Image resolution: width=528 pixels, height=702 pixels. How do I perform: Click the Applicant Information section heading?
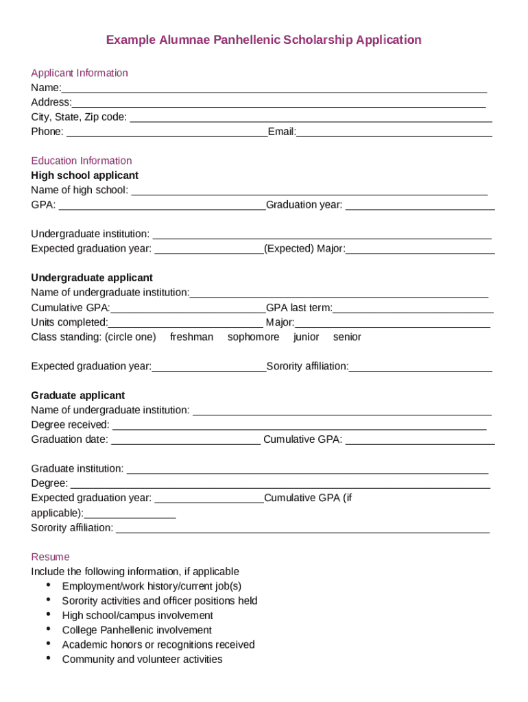tap(80, 73)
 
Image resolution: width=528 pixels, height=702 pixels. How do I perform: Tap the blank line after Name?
tap(274, 88)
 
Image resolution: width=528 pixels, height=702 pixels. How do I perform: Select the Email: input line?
tap(394, 132)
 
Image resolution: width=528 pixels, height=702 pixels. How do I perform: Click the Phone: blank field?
tap(167, 132)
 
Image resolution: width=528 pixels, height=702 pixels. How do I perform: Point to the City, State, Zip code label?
tap(79, 117)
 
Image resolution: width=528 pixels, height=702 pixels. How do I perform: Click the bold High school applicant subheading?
tap(84, 175)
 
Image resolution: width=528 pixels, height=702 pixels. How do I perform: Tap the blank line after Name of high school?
tap(309, 191)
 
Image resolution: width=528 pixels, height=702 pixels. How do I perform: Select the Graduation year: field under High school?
tap(420, 205)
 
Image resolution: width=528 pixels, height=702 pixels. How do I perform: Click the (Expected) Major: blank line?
tap(420, 249)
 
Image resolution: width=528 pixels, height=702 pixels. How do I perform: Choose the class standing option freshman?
tap(191, 337)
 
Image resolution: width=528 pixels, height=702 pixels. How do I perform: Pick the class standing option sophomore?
tap(253, 337)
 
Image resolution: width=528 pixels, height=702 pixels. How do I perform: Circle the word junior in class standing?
tap(306, 337)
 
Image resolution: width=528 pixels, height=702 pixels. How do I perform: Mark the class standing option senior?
tap(347, 337)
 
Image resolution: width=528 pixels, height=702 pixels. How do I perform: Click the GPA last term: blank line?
tap(413, 308)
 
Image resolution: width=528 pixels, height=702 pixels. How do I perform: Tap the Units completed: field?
tap(186, 323)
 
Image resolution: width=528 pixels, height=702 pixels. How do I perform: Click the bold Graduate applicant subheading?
tap(78, 396)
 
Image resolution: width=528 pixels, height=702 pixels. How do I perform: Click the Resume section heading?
tap(50, 557)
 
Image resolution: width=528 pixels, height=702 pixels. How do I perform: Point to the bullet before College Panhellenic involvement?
tap(49, 629)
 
